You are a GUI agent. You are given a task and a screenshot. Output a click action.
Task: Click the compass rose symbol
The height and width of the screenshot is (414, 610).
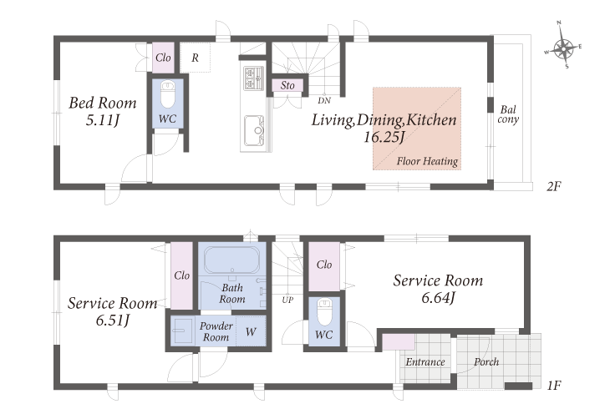point(563,49)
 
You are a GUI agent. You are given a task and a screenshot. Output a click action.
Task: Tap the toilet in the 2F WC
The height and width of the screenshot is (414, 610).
point(168,94)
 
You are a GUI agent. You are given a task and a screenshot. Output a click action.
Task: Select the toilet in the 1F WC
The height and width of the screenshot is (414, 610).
point(324,312)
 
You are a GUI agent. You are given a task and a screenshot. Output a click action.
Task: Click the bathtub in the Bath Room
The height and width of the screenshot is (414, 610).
point(231,260)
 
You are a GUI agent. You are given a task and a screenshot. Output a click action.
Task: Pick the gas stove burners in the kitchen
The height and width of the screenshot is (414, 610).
point(254,78)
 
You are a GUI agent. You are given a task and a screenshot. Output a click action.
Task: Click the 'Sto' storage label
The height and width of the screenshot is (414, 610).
point(287,85)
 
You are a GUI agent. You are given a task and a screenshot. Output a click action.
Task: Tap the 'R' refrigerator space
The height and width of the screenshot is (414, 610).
point(195,58)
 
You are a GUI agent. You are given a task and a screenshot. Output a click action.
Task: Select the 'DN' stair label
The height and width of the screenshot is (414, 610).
point(324,101)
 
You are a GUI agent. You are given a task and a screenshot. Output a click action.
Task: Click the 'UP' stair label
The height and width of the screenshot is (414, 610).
point(287,300)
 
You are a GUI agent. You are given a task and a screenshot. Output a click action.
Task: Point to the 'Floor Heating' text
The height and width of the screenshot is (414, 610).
point(427,161)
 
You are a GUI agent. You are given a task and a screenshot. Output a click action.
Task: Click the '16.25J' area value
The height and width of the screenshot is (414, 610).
point(384,137)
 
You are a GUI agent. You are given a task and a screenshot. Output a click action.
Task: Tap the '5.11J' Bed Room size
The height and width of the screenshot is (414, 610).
point(102,120)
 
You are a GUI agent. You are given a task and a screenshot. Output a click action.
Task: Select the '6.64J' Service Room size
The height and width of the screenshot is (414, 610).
point(438,298)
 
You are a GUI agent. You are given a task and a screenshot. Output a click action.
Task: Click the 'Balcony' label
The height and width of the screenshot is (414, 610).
point(508,114)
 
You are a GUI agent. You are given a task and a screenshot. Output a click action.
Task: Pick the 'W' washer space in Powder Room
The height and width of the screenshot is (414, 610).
point(251,331)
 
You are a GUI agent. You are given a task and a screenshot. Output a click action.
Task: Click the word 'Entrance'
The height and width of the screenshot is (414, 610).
point(425,362)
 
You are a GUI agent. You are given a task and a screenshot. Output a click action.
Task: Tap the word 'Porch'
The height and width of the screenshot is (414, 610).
point(486,362)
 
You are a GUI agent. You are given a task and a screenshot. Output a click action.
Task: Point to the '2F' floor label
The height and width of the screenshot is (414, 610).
point(553,187)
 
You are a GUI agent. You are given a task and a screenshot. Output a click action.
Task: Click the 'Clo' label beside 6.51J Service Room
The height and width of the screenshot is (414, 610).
point(181,275)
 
